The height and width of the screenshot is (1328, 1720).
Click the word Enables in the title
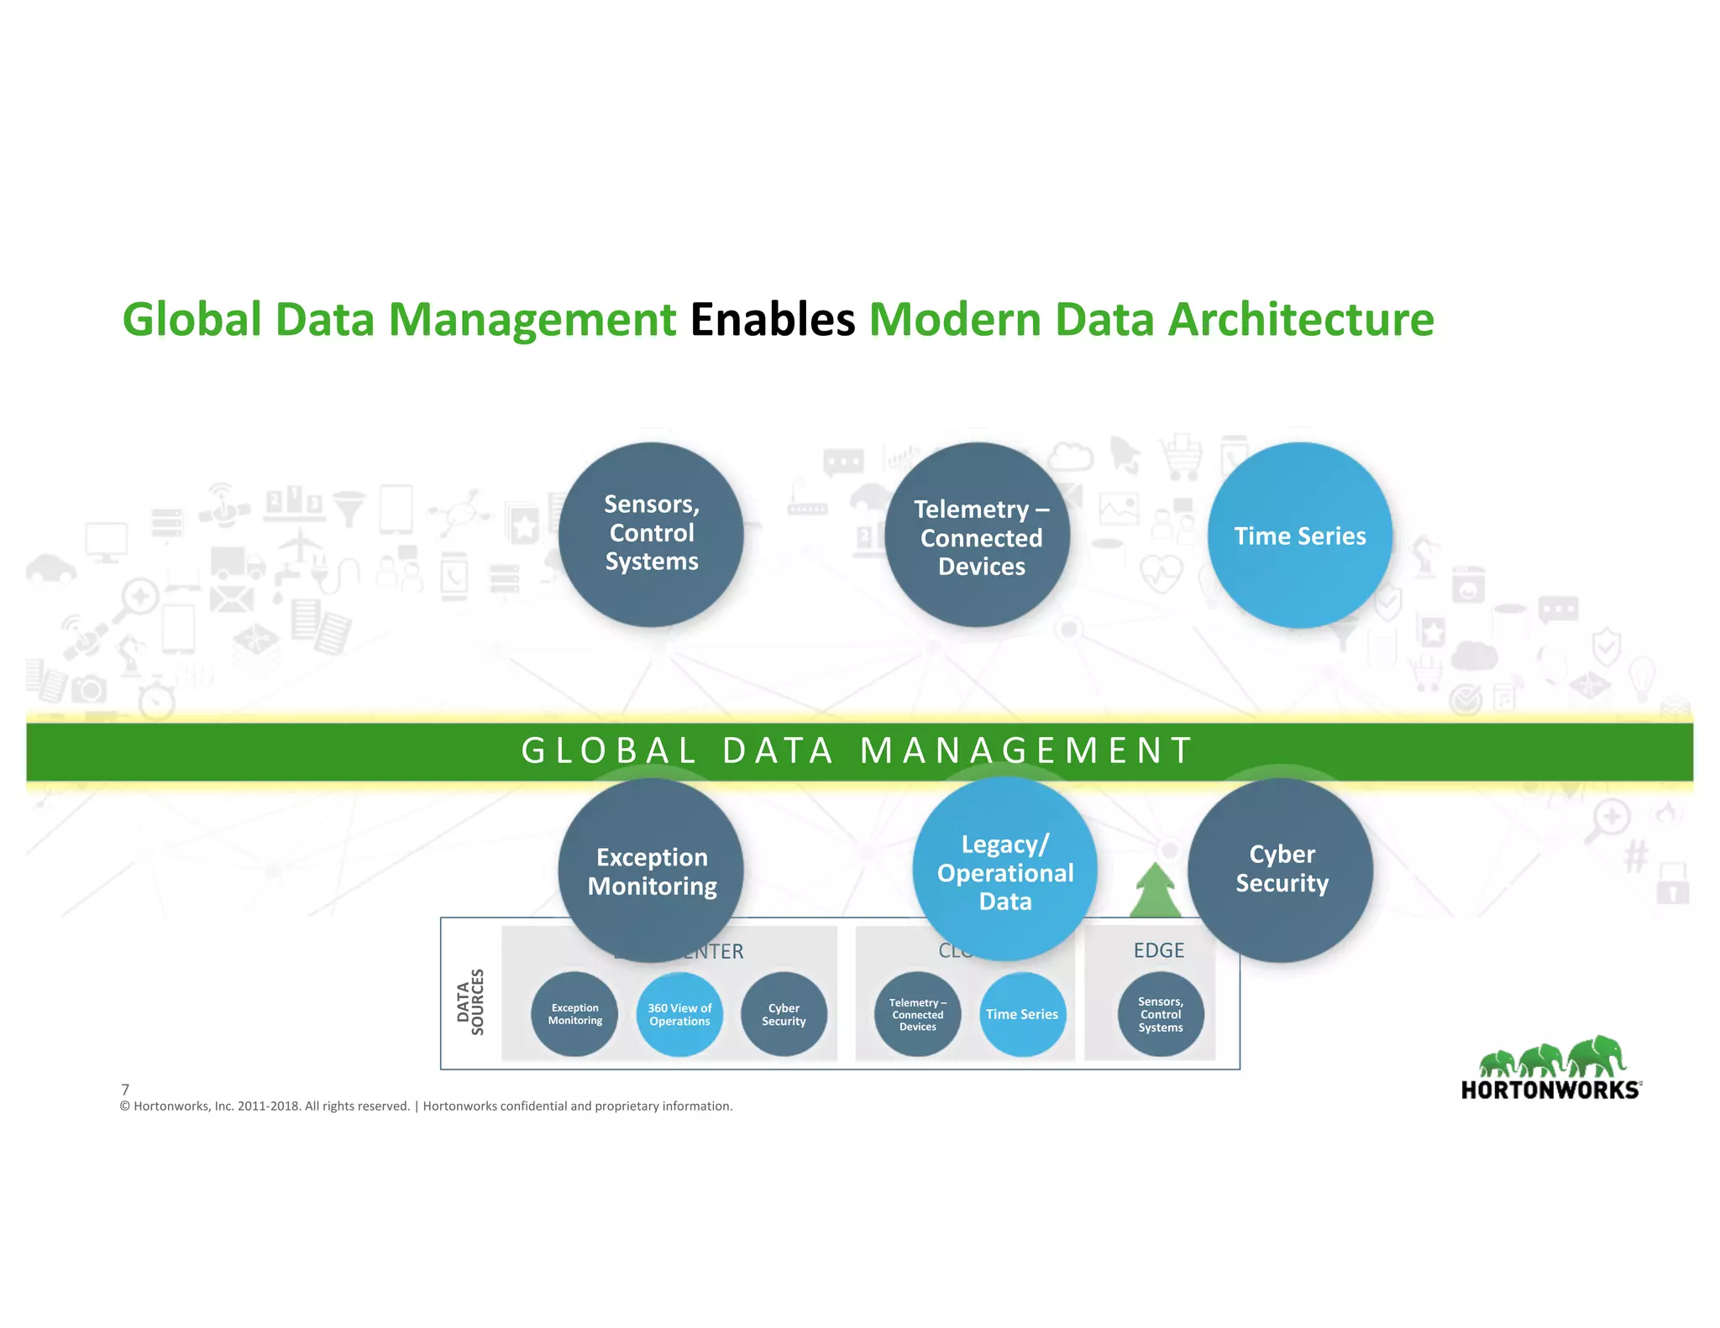click(772, 320)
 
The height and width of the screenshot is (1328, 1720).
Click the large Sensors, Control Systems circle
click(651, 534)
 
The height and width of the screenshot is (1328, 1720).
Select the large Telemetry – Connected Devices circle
click(978, 536)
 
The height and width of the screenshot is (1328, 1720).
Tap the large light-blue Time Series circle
click(1299, 536)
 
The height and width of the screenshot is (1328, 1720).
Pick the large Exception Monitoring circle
click(651, 871)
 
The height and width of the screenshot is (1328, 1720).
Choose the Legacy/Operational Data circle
click(1004, 871)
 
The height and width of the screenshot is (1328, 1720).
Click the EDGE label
click(1158, 950)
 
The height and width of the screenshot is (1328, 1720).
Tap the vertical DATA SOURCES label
click(470, 1001)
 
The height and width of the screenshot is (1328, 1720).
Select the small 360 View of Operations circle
click(679, 1014)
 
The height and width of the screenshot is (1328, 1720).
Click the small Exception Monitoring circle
click(575, 1014)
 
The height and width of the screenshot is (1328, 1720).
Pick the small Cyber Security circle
click(784, 1014)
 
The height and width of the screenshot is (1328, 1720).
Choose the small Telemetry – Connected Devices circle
click(917, 1014)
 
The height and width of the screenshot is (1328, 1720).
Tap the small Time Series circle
click(1022, 1014)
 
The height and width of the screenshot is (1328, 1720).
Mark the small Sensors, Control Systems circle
click(1161, 1014)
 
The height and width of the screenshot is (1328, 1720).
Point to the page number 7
click(125, 1090)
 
